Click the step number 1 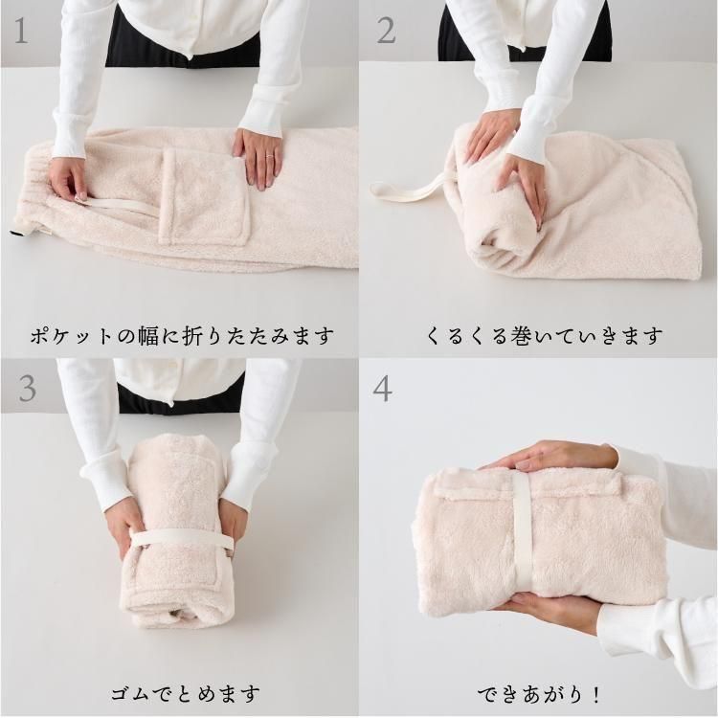coord(21,32)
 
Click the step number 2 coord(386,32)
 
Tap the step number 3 coord(27,389)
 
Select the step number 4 coord(382,390)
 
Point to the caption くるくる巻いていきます coord(544,336)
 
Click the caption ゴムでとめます coord(185,694)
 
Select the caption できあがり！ coord(539,695)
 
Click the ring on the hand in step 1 coord(270,157)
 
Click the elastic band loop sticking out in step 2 coord(407,189)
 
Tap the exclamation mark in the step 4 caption coord(595,695)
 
